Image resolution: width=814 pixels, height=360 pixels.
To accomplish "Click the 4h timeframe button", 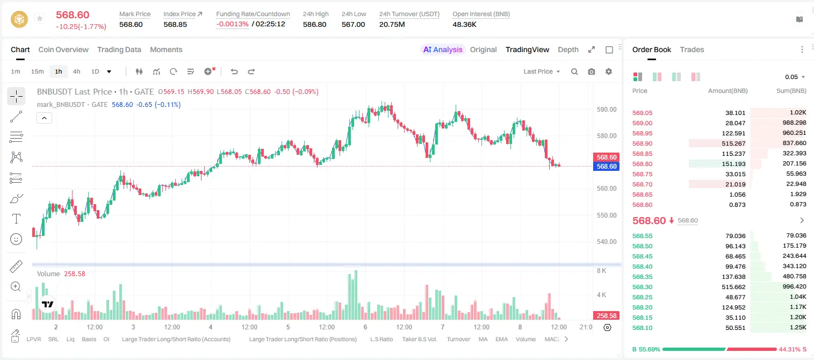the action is [x=76, y=71].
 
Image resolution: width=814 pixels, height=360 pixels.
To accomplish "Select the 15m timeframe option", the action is [x=38, y=71].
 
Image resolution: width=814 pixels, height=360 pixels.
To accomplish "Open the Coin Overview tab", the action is [x=63, y=49].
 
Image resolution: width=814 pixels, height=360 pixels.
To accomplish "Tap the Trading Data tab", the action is [x=119, y=49].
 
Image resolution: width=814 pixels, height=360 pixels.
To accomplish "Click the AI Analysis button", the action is [x=443, y=49].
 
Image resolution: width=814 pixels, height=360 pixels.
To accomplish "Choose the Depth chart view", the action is [x=568, y=49].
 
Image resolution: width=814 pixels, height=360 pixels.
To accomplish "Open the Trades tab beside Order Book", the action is [x=692, y=49].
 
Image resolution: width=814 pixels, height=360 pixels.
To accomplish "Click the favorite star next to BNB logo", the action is [x=40, y=18].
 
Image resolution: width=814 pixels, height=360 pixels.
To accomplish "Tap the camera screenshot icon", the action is [x=592, y=71].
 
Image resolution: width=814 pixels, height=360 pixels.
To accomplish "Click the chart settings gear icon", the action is [x=609, y=71].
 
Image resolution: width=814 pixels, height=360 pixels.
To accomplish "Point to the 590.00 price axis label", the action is [x=607, y=110].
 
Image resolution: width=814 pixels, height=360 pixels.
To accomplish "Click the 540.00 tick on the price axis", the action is [x=607, y=242].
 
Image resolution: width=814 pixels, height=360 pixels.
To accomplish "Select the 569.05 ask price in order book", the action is [x=642, y=113].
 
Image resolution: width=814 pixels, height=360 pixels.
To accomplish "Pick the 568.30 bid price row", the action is [x=642, y=287].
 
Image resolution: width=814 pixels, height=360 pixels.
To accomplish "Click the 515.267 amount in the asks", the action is [x=733, y=143].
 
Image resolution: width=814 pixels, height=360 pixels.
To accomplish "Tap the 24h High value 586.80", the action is [x=315, y=24].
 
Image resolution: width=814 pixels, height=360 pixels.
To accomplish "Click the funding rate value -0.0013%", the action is [x=232, y=24].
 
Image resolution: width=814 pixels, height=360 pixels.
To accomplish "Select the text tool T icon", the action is [x=16, y=219].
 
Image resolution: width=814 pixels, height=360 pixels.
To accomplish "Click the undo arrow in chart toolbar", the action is [x=234, y=71].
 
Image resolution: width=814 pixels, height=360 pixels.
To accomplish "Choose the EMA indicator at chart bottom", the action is [x=501, y=339].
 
